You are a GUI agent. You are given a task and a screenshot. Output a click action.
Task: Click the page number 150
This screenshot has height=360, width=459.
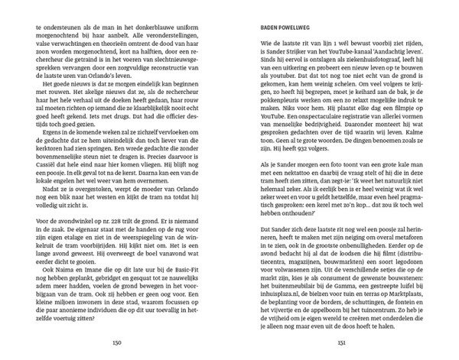(x=116, y=342)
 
